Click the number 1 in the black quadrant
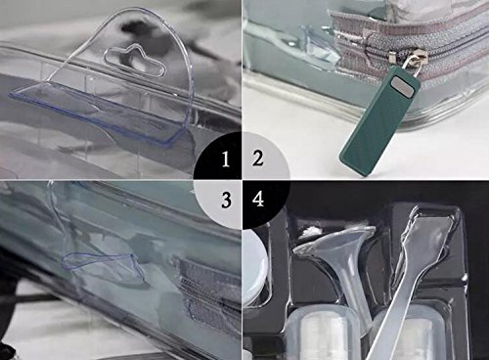point(226,159)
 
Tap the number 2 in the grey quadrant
point(257,157)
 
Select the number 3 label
point(226,200)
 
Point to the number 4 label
point(258,199)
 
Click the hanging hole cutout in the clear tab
point(134,61)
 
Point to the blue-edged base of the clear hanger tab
point(95,114)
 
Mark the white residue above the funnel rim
point(310,232)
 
